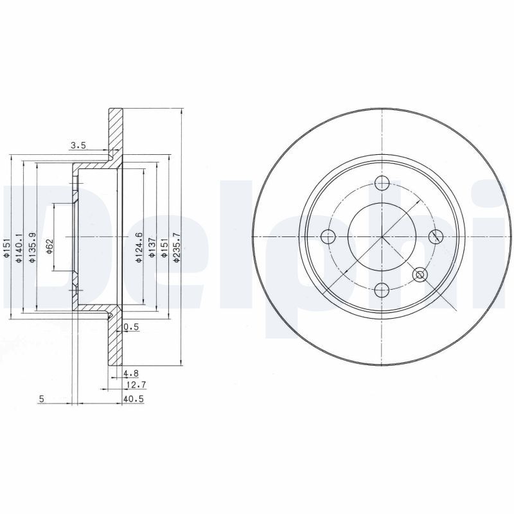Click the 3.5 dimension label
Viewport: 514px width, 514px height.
tap(78, 146)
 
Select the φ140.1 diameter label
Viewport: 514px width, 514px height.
tap(19, 247)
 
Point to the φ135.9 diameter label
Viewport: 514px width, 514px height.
tap(31, 247)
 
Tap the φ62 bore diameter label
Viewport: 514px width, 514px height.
tap(50, 247)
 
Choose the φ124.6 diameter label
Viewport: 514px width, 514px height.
tap(139, 247)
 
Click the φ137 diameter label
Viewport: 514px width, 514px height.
tap(152, 247)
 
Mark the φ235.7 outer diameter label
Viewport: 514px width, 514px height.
tap(177, 247)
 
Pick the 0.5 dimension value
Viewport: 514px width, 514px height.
tap(132, 327)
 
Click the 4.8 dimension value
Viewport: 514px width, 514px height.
tap(131, 373)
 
